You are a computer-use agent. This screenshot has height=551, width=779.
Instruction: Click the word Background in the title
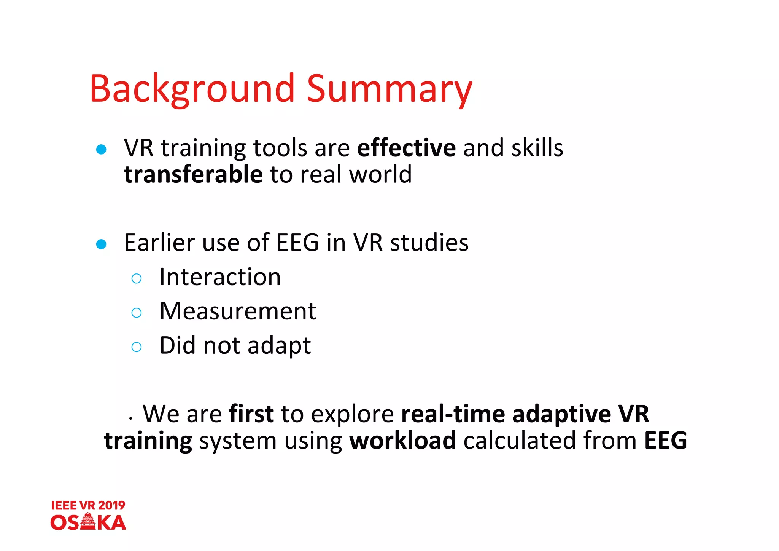pos(192,89)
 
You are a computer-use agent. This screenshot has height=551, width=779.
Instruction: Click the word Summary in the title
pos(389,89)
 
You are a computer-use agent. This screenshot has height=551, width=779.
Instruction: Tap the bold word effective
pos(406,148)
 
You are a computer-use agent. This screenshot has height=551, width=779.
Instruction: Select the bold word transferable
pos(193,174)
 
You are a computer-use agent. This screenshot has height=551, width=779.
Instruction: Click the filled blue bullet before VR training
pos(101,149)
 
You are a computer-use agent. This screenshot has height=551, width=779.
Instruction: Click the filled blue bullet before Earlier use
pos(101,244)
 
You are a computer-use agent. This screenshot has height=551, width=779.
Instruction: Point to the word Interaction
pos(220,277)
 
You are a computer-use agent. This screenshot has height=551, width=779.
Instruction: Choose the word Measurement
pos(238,311)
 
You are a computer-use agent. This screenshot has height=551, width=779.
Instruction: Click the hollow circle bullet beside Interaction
pos(136,278)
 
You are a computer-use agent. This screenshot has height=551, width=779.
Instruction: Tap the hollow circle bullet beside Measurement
pos(136,313)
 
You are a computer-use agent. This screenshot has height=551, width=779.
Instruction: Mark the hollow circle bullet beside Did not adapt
pos(136,347)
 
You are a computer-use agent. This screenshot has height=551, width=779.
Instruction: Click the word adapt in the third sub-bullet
pos(279,346)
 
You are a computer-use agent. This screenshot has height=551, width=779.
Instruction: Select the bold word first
pos(251,414)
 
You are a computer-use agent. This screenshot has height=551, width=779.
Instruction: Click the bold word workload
pos(402,441)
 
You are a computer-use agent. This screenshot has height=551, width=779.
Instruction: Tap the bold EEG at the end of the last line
pos(665,441)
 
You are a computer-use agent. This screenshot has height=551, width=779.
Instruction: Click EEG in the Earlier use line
pos(297,243)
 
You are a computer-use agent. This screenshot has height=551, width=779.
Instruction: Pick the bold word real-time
pos(453,414)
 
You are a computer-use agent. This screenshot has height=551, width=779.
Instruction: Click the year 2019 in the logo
pos(111,505)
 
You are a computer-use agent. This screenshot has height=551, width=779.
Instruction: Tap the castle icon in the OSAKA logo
pos(88,522)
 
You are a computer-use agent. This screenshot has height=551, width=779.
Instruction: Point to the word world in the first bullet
pos(380,174)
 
